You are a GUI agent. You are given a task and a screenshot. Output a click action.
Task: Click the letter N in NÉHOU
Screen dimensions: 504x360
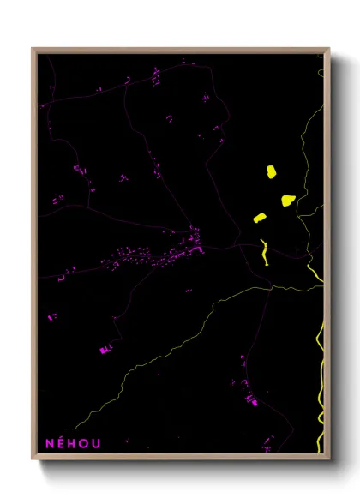click(x=49, y=443)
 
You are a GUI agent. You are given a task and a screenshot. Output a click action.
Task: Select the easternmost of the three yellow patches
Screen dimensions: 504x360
click(x=288, y=201)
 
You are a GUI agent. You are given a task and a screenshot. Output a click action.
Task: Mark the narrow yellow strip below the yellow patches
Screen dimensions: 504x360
click(x=264, y=252)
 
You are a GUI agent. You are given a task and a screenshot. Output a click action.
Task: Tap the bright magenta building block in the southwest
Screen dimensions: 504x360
click(x=105, y=349)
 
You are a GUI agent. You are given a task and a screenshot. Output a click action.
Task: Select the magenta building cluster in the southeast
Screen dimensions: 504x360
click(x=251, y=399)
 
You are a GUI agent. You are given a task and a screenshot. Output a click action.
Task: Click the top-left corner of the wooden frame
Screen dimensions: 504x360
click(x=33, y=49)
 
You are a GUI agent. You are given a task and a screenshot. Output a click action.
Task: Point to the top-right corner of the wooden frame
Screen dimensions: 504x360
click(x=329, y=49)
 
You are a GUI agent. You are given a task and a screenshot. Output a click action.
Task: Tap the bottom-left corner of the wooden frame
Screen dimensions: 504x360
click(x=33, y=460)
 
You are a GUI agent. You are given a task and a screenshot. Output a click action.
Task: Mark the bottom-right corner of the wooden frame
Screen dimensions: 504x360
click(x=329, y=460)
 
